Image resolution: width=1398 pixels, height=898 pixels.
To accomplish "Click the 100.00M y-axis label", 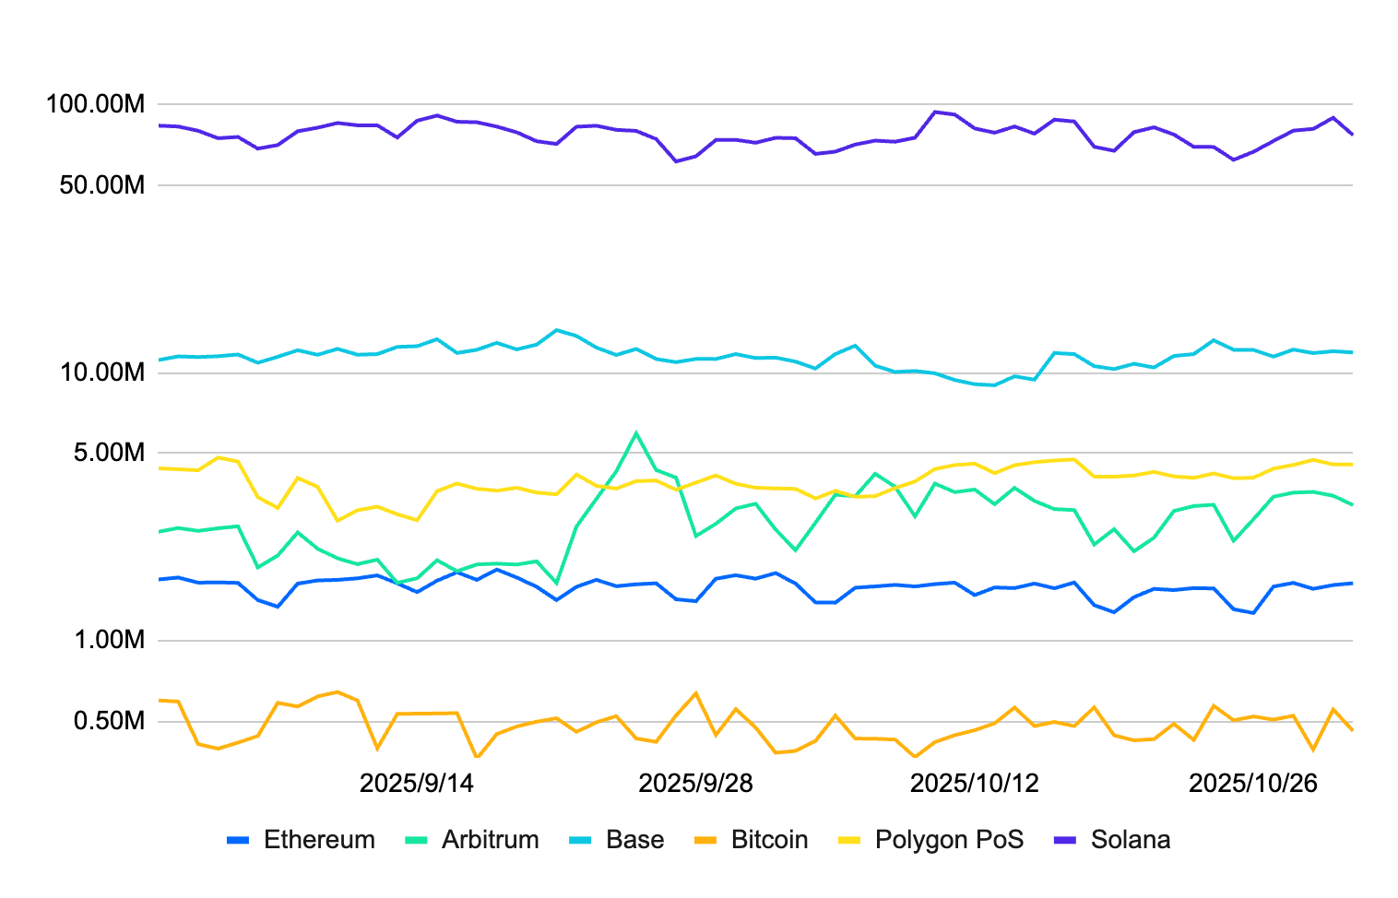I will point(96,104).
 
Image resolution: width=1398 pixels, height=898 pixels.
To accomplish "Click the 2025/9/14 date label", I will point(416,783).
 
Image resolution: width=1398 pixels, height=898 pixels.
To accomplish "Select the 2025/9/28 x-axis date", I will point(695,783).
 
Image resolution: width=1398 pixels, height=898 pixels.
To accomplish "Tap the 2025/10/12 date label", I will point(974,783).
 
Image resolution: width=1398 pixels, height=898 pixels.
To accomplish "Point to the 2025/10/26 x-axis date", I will point(1253,783).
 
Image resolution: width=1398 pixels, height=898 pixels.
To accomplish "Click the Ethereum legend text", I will point(319,840).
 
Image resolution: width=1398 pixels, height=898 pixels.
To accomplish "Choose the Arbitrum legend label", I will point(490,840).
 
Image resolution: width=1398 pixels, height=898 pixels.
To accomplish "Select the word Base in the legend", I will point(634,840).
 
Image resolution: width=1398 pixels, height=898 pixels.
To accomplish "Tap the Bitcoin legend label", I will point(769,840).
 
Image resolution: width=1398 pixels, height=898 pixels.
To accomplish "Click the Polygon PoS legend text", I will point(949,840).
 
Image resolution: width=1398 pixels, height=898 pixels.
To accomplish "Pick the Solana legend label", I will point(1130,840).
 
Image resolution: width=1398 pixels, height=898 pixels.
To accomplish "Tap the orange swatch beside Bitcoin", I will point(705,840).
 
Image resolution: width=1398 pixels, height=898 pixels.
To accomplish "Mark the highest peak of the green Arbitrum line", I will point(635,432).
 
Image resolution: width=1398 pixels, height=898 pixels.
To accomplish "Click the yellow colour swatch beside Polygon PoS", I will point(849,840).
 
